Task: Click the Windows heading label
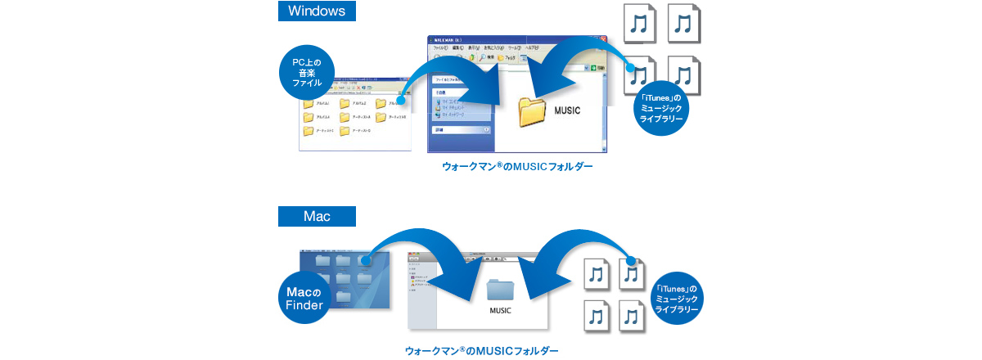coord(317,11)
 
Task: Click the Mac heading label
coord(317,217)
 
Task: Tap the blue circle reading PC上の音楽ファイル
coord(309,73)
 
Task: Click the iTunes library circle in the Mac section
coord(676,299)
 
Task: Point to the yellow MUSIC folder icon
coord(533,111)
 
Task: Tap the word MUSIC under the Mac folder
coord(500,311)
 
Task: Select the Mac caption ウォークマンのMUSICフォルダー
coord(481,350)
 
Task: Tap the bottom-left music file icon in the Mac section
coord(597,316)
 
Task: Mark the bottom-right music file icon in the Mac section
coord(630,316)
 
